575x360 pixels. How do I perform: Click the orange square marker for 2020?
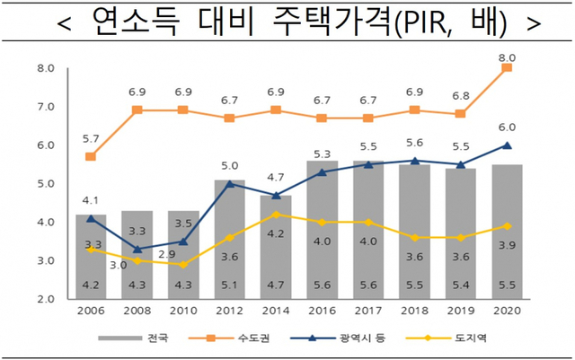507,68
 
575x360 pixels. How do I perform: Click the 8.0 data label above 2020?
507,51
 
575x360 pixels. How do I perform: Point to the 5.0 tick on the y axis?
47,184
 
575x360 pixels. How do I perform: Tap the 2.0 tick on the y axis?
47,299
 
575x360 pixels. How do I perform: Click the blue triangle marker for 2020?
507,145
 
